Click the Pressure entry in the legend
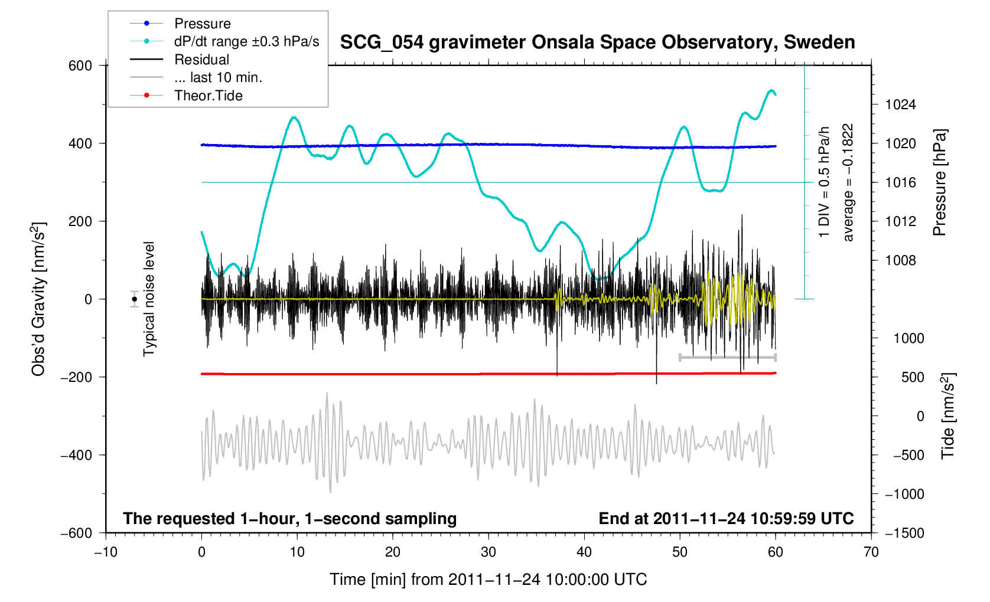pos(202,24)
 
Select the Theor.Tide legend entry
pos(208,96)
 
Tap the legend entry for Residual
pos(201,60)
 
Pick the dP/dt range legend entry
pos(246,41)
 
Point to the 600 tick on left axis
pos(80,66)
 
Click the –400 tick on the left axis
pos(76,455)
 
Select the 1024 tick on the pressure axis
pos(900,105)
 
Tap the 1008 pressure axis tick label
pos(900,260)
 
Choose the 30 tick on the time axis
pos(489,552)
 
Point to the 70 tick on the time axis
pos(871,552)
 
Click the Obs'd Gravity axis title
pos(38,299)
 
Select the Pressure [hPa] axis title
pos(939,182)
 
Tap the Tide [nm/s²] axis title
pos(947,415)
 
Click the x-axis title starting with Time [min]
pos(488,580)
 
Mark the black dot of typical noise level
pos(135,299)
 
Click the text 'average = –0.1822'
pos(848,182)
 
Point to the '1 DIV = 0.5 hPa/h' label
pos(824,182)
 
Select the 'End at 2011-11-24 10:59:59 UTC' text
pos(726,519)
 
